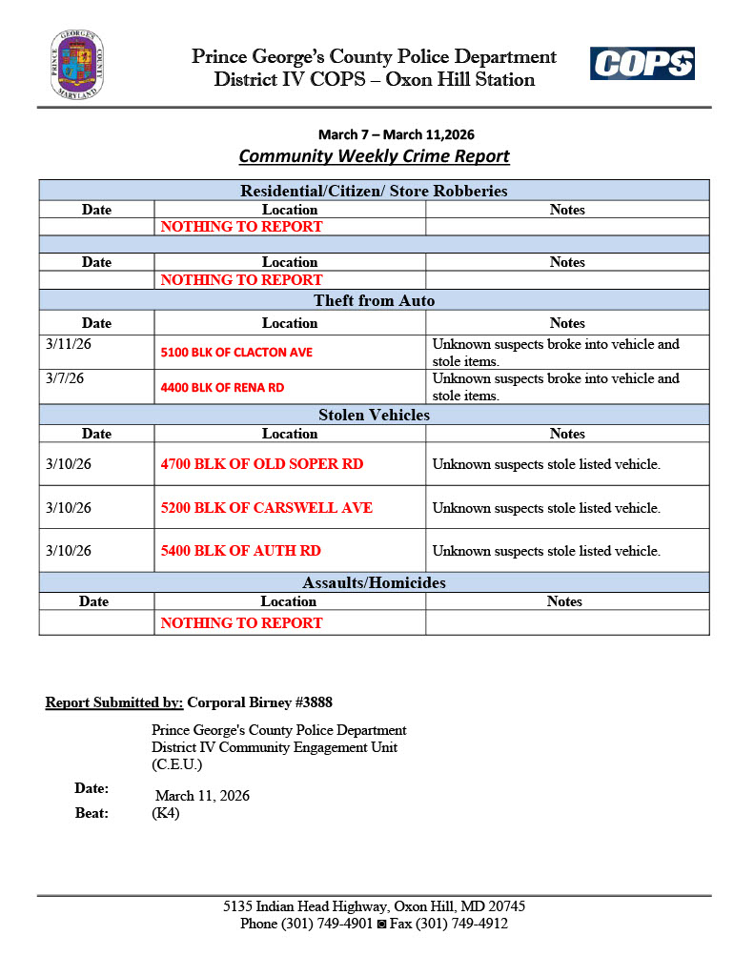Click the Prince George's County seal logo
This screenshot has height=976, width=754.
coord(77,65)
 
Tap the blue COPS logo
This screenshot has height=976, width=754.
coord(642,64)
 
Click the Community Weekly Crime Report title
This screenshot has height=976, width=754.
coord(374,156)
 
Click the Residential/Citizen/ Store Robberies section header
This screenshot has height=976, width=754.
coord(374,191)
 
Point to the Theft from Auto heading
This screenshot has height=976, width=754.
coord(374,301)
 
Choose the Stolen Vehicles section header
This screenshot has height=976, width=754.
coord(374,415)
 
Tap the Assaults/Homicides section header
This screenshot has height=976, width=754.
coord(374,582)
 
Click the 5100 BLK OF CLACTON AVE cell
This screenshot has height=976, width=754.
coord(236,353)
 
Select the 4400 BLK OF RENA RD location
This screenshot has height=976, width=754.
coord(222,388)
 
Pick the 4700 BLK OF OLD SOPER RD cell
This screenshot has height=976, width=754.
coord(262,464)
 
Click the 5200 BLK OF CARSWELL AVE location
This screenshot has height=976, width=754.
coord(267,508)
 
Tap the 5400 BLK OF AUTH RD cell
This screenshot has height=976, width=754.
coord(241,551)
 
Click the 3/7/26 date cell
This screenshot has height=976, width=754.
coord(65,378)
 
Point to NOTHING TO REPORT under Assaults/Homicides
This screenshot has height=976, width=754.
coord(241,623)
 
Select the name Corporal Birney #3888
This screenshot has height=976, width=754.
coord(259,703)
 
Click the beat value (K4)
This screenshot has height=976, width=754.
coord(166,814)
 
